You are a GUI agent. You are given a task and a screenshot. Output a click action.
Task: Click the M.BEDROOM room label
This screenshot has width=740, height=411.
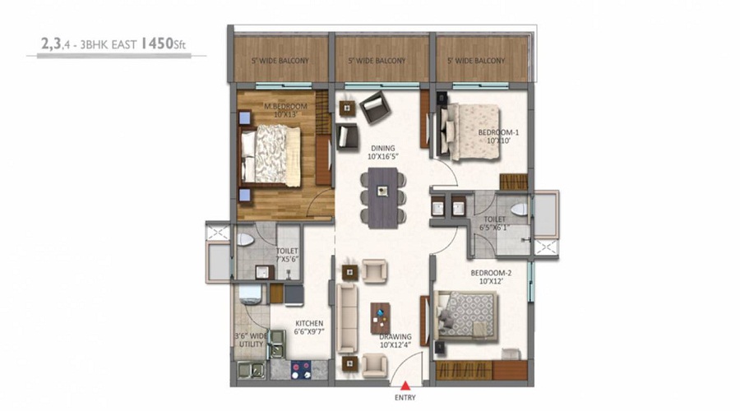point(285,110)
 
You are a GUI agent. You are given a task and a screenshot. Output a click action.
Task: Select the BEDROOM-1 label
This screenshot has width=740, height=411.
point(498,136)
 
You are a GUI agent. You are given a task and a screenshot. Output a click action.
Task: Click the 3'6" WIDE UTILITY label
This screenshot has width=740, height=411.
point(250,339)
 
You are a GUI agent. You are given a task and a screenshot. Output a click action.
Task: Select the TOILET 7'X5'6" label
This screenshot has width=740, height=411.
point(286,256)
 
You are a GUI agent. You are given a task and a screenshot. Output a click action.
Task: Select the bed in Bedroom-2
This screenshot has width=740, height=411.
point(467,316)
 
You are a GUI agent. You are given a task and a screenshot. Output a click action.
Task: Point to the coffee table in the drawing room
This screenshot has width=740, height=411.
point(381,315)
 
